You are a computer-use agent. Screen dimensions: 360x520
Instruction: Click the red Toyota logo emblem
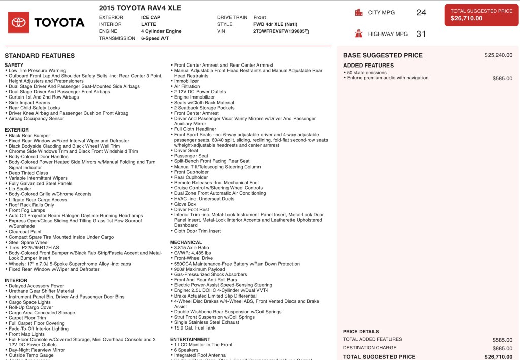[x=19, y=22]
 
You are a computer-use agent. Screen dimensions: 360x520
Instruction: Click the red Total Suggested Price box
[x=481, y=15]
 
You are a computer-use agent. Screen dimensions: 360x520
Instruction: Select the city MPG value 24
[x=421, y=13]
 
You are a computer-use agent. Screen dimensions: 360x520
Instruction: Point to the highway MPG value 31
[x=421, y=34]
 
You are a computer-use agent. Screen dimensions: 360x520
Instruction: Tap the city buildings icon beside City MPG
[x=359, y=13]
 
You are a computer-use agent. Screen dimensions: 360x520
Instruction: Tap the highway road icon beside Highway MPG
[x=359, y=34]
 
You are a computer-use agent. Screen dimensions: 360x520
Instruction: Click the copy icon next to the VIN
[x=307, y=31]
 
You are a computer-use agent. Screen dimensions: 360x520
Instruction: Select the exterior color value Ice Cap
[x=151, y=17]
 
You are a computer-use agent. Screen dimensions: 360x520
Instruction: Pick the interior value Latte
[x=149, y=24]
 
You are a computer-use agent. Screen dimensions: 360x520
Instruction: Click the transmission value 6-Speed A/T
[x=155, y=38]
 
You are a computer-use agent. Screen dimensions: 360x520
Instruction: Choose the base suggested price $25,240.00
[x=498, y=55]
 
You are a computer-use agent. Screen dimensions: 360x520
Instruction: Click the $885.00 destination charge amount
[x=502, y=348]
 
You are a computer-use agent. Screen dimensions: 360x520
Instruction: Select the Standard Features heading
[x=40, y=56]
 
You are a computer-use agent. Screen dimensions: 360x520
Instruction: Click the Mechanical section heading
[x=186, y=242]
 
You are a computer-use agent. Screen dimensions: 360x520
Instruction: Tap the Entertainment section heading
[x=190, y=339]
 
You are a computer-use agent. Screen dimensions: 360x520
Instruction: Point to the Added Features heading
[x=368, y=66]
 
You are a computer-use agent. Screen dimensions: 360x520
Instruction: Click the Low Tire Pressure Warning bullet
[x=37, y=71]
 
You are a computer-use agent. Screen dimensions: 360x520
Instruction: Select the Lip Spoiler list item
[x=20, y=189]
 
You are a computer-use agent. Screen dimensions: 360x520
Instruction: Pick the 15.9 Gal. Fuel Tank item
[x=194, y=328]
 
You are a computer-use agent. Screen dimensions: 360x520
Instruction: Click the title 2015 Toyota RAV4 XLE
[x=140, y=8]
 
